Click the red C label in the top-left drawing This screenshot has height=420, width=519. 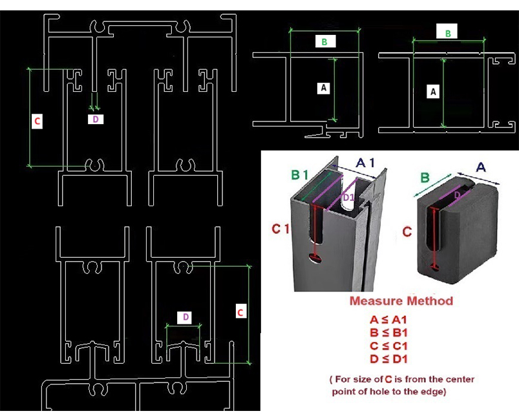click(37, 121)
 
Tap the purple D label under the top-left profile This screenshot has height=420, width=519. click(96, 119)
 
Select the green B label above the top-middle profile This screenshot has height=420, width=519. click(324, 42)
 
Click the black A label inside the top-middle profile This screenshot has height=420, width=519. click(323, 88)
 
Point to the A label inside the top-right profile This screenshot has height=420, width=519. click(433, 91)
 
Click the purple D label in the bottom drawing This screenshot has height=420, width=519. click(185, 317)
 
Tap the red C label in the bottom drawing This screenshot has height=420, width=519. click(240, 313)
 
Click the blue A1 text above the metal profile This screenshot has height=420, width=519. click(366, 162)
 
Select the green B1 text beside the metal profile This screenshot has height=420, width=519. click(300, 174)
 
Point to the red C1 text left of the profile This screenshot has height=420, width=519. click(280, 229)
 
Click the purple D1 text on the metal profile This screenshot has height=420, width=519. click(348, 198)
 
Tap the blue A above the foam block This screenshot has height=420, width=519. click(481, 167)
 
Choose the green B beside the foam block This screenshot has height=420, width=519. click(425, 178)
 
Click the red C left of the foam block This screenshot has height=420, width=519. click(407, 231)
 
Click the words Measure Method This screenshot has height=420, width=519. click(401, 301)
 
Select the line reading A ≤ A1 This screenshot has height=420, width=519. click(388, 320)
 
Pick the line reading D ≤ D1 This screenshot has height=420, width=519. click(388, 359)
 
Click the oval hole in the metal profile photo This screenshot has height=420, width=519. click(316, 258)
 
